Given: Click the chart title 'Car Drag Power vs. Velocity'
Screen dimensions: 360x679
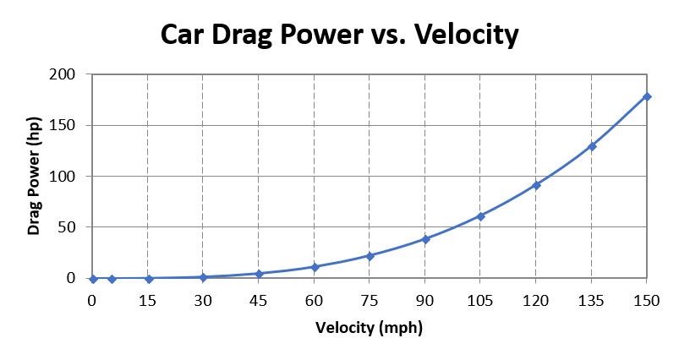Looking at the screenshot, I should [x=339, y=35].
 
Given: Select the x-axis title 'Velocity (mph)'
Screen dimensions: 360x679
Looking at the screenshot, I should [x=369, y=327].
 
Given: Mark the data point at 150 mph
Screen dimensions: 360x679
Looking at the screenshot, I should [x=647, y=96].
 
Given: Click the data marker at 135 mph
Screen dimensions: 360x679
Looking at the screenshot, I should [x=592, y=146].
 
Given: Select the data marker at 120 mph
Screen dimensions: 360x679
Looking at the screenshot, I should [x=536, y=184].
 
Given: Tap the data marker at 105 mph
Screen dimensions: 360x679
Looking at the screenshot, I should [x=481, y=216].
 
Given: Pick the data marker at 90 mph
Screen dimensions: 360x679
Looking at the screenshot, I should [x=425, y=239].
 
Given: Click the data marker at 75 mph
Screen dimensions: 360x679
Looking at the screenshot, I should [x=370, y=255].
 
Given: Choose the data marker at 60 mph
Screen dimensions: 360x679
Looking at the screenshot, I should [x=315, y=267].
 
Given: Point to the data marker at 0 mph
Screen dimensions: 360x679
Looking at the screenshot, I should [x=93, y=278].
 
